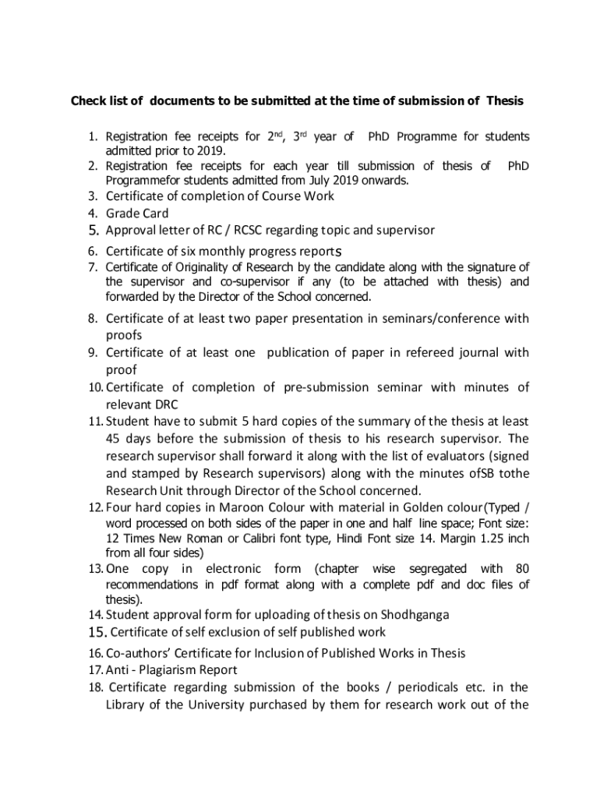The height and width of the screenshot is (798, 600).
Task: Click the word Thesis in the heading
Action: coord(505,101)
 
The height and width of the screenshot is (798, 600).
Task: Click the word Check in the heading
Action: coord(89,101)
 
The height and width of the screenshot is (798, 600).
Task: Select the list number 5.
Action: coord(92,230)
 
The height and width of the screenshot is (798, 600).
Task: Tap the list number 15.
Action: coord(97,631)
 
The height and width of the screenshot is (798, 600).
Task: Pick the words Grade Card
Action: coord(137,213)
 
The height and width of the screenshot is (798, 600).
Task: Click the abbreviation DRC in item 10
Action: coord(165,404)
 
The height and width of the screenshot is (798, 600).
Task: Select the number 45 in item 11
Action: coord(116,438)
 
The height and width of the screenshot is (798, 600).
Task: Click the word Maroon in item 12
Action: coord(231,508)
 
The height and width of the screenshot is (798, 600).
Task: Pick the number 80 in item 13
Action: coord(521,569)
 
